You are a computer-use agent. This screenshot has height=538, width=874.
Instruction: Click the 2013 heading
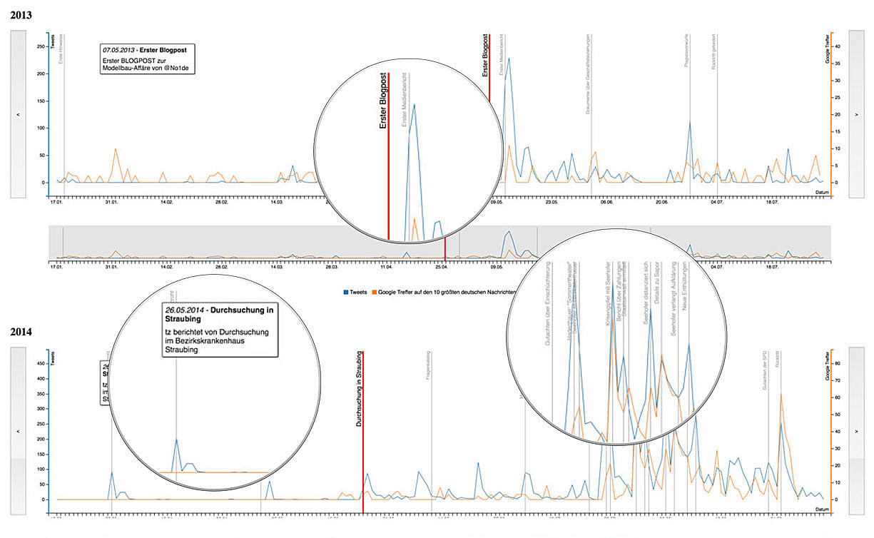21,15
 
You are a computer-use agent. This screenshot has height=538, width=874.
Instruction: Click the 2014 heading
21,333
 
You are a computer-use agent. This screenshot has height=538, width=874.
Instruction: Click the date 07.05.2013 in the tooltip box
118,51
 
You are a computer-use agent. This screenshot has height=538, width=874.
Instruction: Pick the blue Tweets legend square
346,292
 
